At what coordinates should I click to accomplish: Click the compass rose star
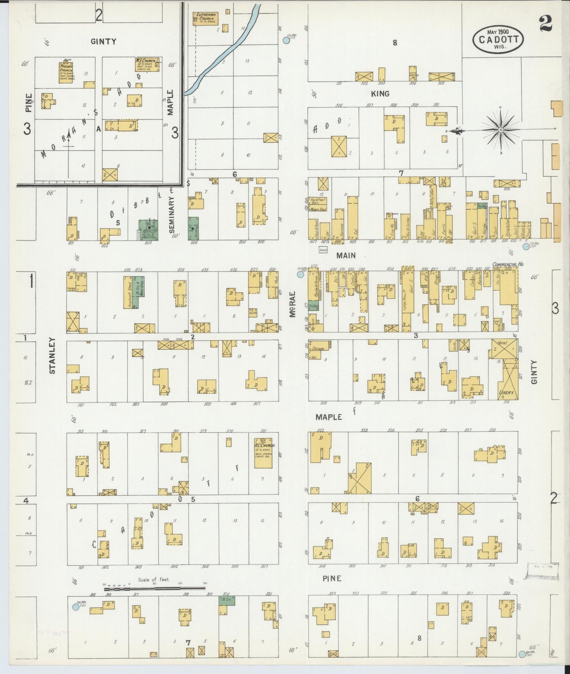(500, 129)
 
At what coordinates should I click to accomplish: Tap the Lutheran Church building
(205, 18)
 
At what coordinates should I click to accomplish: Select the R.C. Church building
(263, 453)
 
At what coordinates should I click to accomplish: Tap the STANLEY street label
(52, 355)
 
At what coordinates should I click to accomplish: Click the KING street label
(380, 93)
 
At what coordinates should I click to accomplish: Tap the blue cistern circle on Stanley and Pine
(75, 607)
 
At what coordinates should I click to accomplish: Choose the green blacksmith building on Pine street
(227, 600)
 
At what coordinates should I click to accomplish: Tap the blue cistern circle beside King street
(286, 40)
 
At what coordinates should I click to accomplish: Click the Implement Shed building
(128, 292)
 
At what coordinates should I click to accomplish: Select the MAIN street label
(346, 255)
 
